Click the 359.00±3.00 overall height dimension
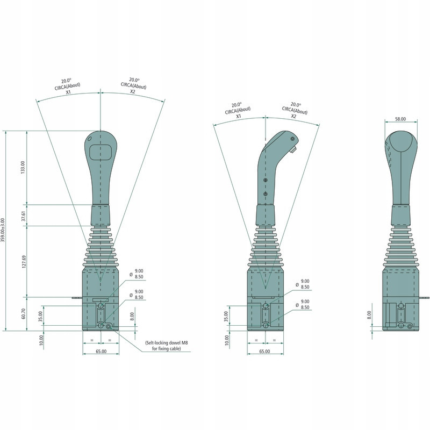point(3,230)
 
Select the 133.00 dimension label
point(23,167)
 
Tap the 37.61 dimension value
point(24,216)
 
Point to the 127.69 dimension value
point(24,262)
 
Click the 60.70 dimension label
point(23,314)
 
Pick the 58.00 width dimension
point(400,119)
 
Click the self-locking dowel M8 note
point(167,346)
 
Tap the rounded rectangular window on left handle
point(101,152)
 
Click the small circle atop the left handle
point(89,139)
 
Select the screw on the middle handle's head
point(292,139)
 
